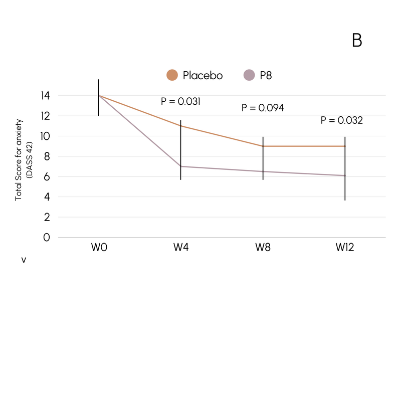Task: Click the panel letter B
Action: [357, 41]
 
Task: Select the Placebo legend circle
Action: [172, 75]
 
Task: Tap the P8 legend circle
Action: [249, 75]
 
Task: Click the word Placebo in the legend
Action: [203, 76]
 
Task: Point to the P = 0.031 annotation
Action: [180, 101]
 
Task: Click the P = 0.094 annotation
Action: [263, 108]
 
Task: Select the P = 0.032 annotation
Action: [341, 120]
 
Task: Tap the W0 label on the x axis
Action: [99, 248]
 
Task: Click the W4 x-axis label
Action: [181, 248]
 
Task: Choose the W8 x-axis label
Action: [263, 248]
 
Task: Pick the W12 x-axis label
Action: [345, 248]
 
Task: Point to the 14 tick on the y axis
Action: [46, 95]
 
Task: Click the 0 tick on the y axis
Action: [47, 237]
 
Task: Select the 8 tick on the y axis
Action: [47, 156]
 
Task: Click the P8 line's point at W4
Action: [181, 166]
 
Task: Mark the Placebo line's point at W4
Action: [181, 126]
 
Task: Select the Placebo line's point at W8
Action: [263, 146]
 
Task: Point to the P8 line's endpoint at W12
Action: [345, 175]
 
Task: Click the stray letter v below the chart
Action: [23, 261]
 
